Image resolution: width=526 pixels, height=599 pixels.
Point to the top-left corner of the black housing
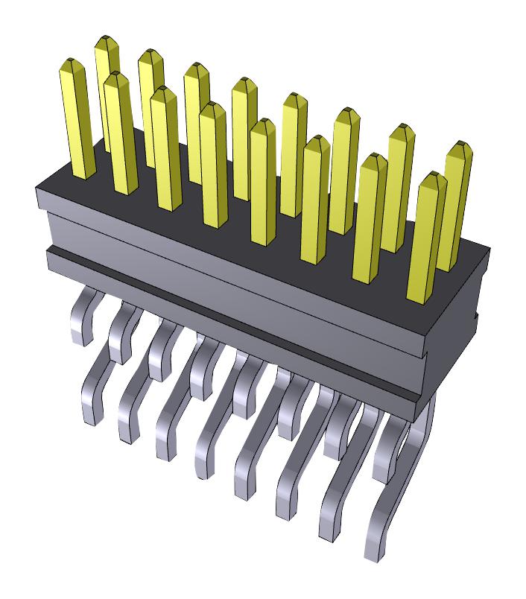click(x=39, y=191)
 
